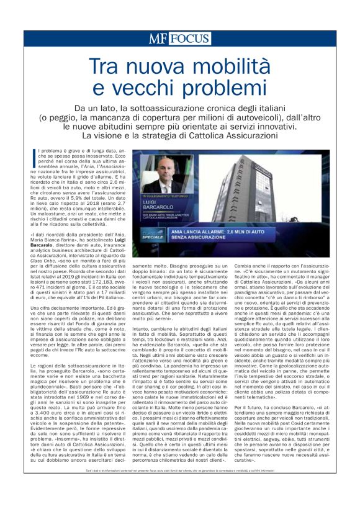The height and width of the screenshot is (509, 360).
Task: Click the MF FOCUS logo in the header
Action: pos(179,38)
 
